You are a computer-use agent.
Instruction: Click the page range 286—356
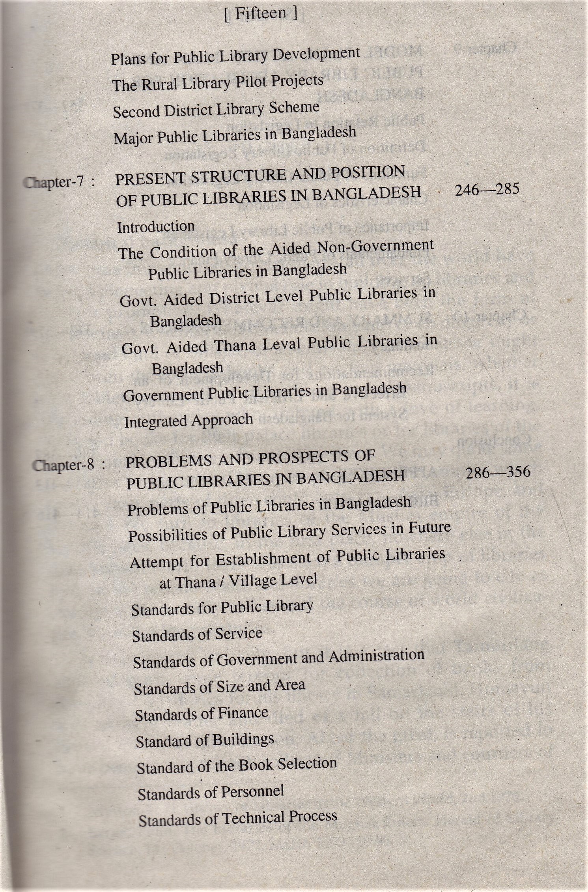coord(498,472)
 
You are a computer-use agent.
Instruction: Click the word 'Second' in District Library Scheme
coord(136,112)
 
